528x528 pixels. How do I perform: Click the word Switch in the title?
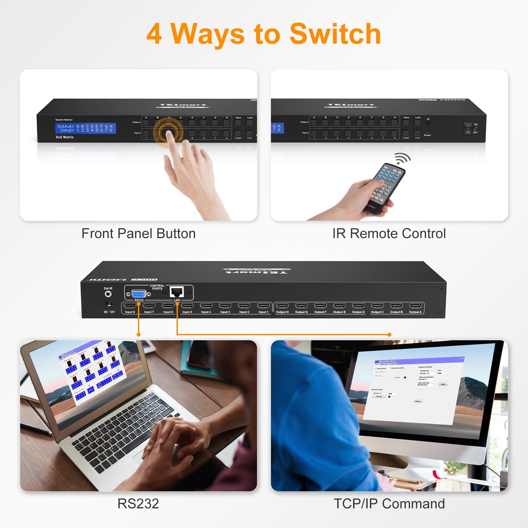click(335, 34)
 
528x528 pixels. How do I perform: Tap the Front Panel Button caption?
click(138, 233)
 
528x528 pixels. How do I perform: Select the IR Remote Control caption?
click(389, 233)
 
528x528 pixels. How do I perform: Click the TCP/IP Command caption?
click(389, 504)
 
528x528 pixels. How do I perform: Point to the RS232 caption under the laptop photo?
click(138, 504)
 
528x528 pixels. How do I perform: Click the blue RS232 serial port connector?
click(139, 294)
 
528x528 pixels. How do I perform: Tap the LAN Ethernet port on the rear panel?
click(177, 292)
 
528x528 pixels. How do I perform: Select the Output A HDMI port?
click(415, 306)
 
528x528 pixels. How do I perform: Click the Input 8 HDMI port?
click(130, 306)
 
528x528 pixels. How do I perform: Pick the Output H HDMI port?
click(282, 306)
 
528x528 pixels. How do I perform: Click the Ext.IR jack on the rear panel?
click(108, 294)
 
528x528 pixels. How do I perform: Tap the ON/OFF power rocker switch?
click(468, 128)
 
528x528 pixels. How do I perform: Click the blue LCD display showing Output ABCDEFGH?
click(85, 128)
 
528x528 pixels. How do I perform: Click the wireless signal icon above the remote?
click(403, 158)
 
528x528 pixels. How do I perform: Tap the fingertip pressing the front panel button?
click(169, 133)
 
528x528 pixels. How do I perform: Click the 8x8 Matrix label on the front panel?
click(65, 137)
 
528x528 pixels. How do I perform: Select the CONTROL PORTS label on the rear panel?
click(157, 287)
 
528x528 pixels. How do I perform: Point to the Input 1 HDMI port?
click(263, 306)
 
